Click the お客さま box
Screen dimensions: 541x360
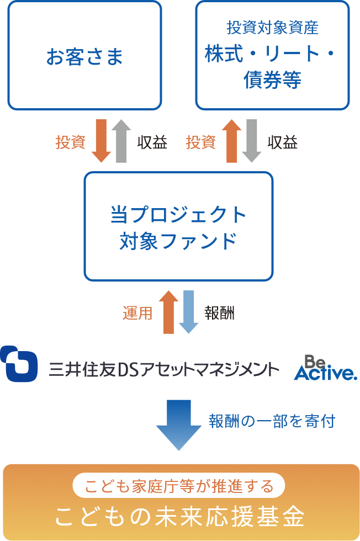coord(84,55)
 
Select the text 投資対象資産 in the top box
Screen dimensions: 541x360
coord(272,28)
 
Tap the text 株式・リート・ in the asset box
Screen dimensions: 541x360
coord(272,55)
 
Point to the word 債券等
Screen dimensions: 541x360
coord(272,80)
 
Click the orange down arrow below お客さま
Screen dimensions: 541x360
coord(101,141)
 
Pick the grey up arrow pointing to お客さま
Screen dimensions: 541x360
coord(121,141)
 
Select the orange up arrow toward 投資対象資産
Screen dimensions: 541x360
coord(232,141)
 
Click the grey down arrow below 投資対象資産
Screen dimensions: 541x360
coord(252,141)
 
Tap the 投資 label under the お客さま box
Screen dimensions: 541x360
coord(71,142)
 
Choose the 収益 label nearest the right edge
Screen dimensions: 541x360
coord(283,142)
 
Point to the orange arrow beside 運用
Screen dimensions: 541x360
coord(168,312)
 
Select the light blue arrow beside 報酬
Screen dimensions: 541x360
coord(188,312)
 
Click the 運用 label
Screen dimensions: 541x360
coord(137,314)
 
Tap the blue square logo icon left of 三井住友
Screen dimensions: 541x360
coord(19,364)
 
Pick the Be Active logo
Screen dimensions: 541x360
coord(325,368)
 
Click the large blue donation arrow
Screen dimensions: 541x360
coord(179,423)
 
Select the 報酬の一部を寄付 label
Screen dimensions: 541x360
coord(272,421)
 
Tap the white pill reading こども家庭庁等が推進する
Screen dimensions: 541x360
coord(179,486)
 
